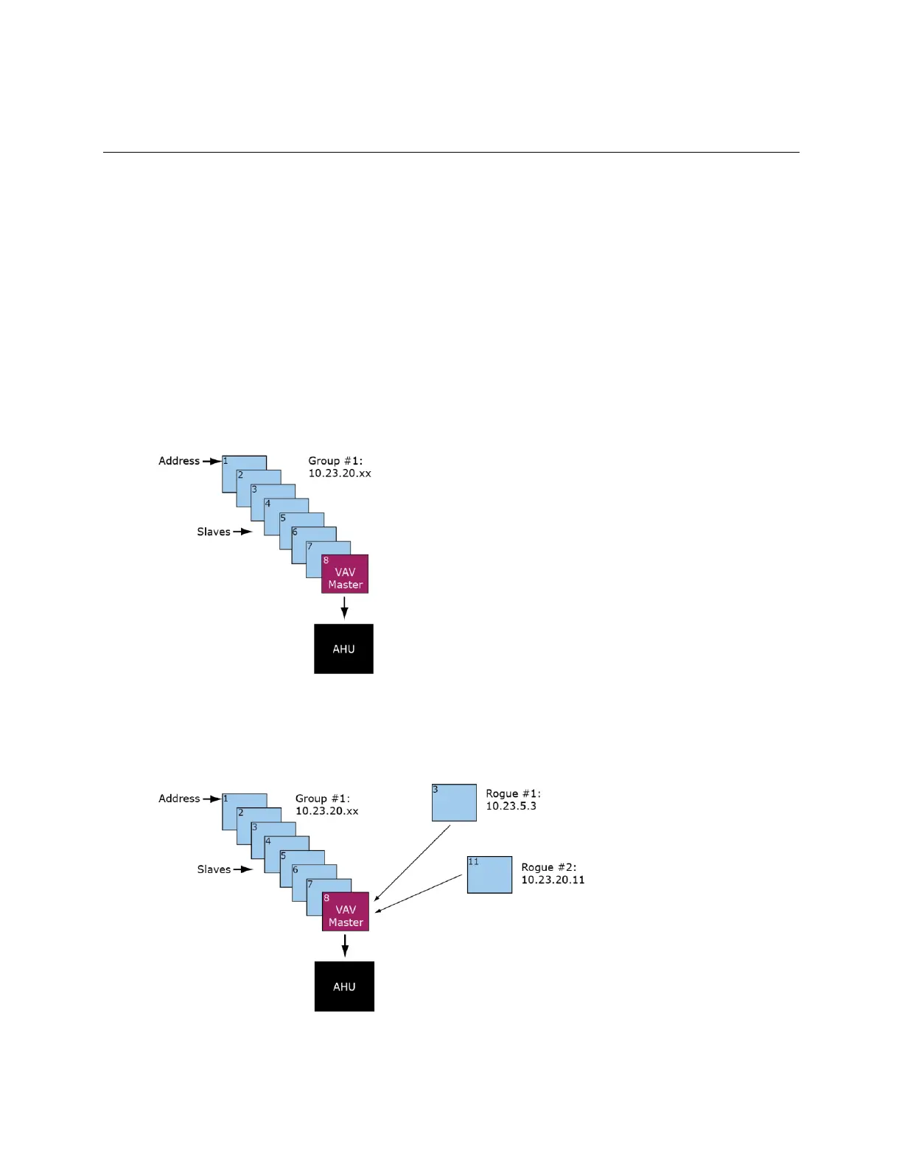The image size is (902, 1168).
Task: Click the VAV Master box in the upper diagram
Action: (x=345, y=574)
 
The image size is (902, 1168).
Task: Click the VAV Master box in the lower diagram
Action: (x=346, y=912)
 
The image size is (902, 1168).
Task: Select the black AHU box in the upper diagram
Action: (x=343, y=649)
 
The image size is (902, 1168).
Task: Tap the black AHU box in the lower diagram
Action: (x=344, y=987)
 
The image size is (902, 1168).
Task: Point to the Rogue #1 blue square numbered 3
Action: (x=454, y=803)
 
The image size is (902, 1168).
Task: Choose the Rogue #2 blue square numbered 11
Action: (x=489, y=875)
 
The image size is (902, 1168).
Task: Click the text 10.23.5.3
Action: (x=511, y=806)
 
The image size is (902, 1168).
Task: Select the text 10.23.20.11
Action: (x=553, y=880)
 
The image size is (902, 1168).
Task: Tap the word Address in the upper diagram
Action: (x=179, y=461)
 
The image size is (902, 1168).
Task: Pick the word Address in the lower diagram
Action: (x=179, y=799)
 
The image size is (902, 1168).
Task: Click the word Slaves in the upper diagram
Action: (x=214, y=532)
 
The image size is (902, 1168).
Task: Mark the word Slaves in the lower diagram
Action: (x=214, y=869)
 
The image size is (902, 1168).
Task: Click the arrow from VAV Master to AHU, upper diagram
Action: (x=344, y=608)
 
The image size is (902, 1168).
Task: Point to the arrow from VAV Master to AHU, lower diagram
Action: (x=345, y=945)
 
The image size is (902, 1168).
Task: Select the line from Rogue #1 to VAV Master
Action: (x=413, y=863)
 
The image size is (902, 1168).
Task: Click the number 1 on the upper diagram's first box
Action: (x=225, y=461)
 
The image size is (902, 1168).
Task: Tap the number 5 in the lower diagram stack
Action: (x=283, y=856)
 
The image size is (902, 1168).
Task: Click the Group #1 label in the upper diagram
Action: (x=335, y=461)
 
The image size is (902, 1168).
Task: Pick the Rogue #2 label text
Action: (x=548, y=867)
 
